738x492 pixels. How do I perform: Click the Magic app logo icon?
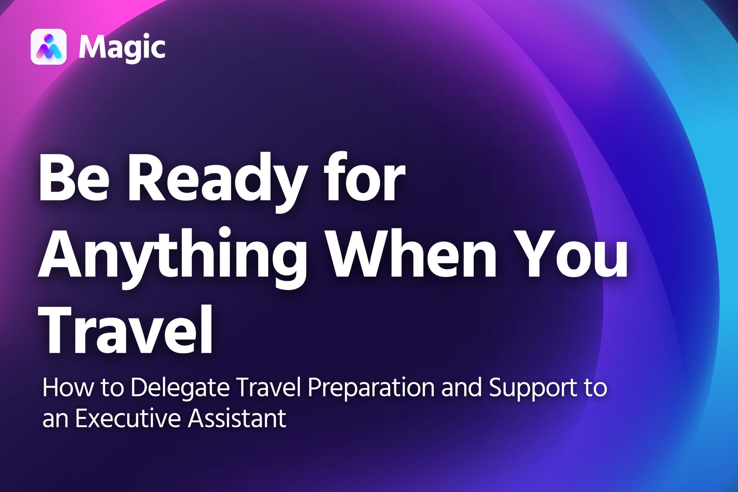tap(49, 47)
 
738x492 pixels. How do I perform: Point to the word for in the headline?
tap(364, 176)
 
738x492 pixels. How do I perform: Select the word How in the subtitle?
tap(68, 388)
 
